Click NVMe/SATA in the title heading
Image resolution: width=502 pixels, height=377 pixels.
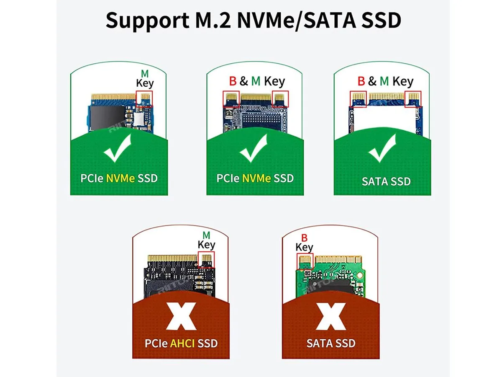click(x=297, y=21)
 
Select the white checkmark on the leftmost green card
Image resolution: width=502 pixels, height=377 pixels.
click(x=118, y=148)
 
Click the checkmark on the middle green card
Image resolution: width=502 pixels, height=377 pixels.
click(x=254, y=148)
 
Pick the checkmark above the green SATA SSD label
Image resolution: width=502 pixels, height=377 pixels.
click(x=382, y=148)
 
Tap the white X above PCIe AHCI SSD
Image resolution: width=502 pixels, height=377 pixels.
click(x=181, y=316)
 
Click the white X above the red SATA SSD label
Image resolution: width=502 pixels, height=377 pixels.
click(x=331, y=316)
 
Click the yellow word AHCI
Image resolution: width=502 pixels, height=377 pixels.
click(x=182, y=343)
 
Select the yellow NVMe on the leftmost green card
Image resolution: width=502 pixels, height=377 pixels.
click(x=120, y=178)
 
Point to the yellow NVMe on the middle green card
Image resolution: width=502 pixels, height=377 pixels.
click(x=256, y=178)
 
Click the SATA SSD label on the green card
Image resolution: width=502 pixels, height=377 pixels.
click(x=386, y=181)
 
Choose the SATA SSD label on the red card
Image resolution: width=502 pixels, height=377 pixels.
click(x=331, y=343)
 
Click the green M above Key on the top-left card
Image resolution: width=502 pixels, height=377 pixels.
click(x=145, y=74)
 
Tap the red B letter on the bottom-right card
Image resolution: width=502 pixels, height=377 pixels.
click(x=304, y=238)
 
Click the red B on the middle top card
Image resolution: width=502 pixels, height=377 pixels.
click(x=233, y=81)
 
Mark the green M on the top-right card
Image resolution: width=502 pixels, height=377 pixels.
click(x=384, y=81)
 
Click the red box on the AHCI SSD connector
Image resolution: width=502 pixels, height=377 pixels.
click(x=206, y=260)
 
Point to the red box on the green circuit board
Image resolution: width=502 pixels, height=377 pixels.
click(x=305, y=261)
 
